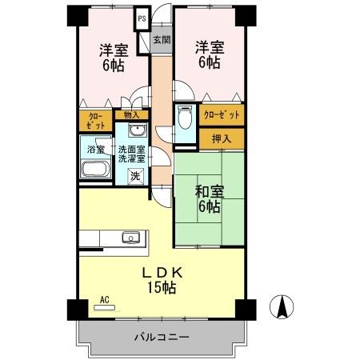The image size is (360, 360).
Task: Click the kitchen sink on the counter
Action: tap(130, 237)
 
